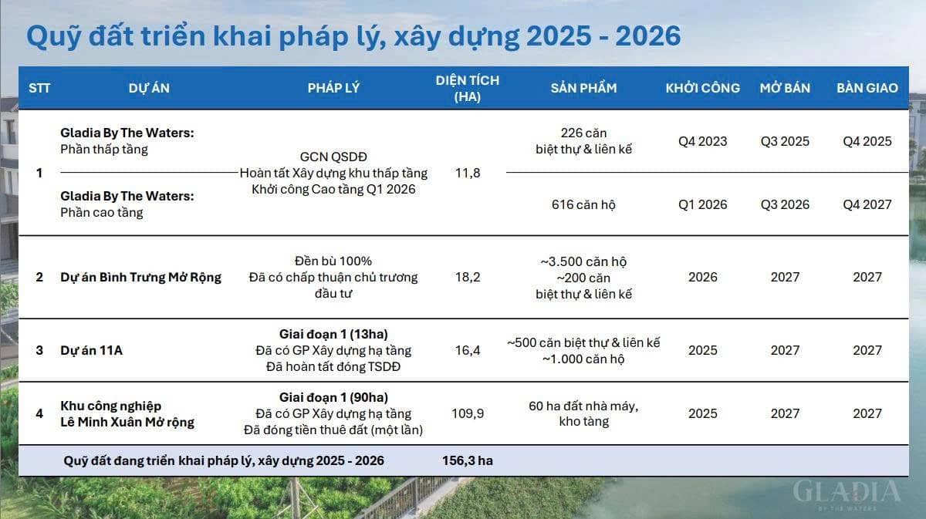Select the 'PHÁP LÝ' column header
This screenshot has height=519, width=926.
coord(333,88)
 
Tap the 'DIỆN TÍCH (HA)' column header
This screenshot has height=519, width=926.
coord(467,88)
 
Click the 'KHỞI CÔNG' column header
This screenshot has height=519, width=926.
coord(702,88)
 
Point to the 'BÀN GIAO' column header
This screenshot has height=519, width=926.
coord(867,88)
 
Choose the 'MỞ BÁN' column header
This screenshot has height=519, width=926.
coord(785,88)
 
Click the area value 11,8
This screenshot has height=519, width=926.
coord(467,173)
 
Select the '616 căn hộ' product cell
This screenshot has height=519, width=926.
coord(583,204)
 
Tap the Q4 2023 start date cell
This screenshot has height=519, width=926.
coord(702,141)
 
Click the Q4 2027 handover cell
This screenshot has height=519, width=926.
coord(867,204)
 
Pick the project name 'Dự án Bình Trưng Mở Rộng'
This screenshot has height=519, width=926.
coord(140,277)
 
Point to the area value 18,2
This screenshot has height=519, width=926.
coord(467,277)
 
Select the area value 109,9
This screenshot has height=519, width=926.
coord(467,413)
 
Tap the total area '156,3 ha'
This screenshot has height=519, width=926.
coord(462,460)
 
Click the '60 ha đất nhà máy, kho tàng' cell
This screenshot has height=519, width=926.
coord(583,413)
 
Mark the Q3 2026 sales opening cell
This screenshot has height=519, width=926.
coord(785,204)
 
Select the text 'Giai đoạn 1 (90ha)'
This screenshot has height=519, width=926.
coord(333,397)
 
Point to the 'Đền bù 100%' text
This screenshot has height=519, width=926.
coord(333,261)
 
